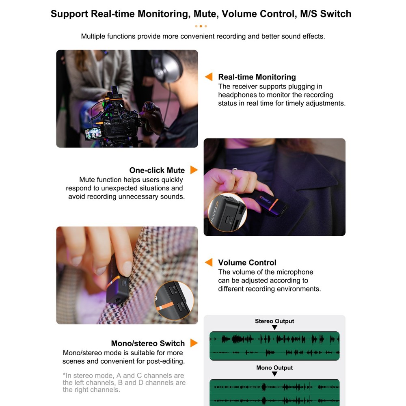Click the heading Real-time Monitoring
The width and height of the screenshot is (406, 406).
[x=257, y=77]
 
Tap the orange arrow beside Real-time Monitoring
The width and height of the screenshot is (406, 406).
[x=209, y=77]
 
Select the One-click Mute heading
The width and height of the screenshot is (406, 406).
[x=157, y=170]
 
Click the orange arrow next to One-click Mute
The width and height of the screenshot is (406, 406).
[x=194, y=170]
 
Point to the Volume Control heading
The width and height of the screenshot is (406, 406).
[x=247, y=263]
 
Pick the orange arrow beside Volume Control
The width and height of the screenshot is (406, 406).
[x=209, y=262]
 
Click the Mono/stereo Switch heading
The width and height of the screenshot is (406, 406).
[x=148, y=343]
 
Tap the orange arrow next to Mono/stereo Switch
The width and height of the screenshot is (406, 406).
[x=194, y=343]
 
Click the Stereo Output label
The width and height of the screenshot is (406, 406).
[x=274, y=321]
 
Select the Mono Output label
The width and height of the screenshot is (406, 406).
[x=274, y=368]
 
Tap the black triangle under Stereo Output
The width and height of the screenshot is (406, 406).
[x=274, y=328]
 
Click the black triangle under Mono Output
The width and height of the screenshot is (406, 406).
[x=274, y=374]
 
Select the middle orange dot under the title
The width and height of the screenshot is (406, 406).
[x=201, y=26]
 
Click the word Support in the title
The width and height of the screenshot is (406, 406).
[x=69, y=14]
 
